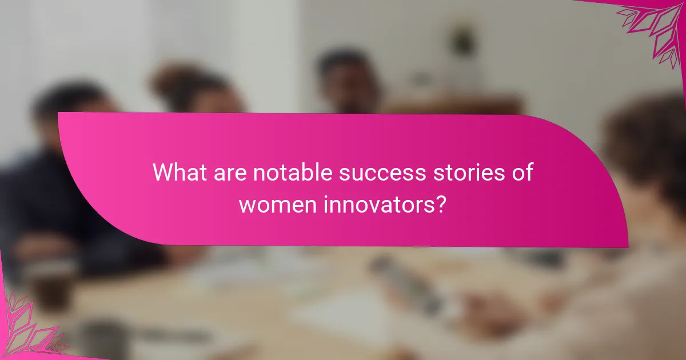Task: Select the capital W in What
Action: (162, 173)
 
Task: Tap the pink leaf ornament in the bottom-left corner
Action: (29, 326)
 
